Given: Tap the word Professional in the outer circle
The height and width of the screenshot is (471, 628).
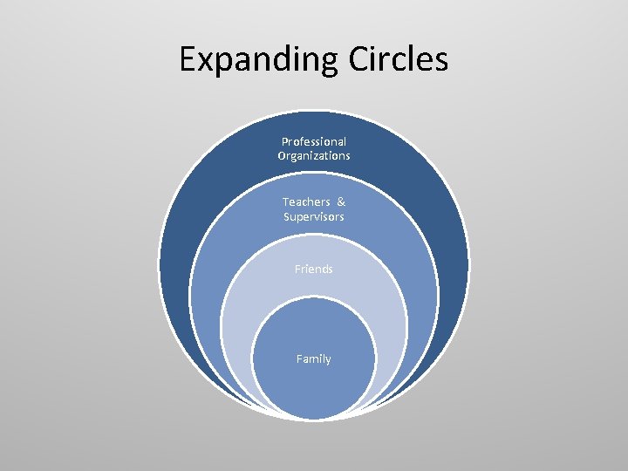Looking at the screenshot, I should point(314,141).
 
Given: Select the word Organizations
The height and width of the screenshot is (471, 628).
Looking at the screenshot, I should point(314,155).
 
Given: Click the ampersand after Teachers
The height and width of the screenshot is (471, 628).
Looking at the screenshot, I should point(341,201).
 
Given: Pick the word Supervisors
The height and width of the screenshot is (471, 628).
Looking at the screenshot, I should point(314,215).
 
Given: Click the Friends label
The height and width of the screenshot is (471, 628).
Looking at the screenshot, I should point(314,269).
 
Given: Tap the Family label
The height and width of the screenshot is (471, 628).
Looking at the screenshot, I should point(314,358).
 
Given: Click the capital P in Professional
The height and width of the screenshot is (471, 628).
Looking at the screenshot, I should point(284,141).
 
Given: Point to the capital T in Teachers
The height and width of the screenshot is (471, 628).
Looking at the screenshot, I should point(285,201).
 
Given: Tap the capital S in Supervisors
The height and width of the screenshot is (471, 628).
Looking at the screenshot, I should point(286,215).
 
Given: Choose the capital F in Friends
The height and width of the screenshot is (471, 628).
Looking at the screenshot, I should point(297,269).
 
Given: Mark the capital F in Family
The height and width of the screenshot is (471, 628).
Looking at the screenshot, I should point(299,358).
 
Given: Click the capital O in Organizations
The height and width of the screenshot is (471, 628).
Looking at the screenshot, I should point(282,155).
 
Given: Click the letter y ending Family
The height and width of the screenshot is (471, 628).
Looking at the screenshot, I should point(328,360).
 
